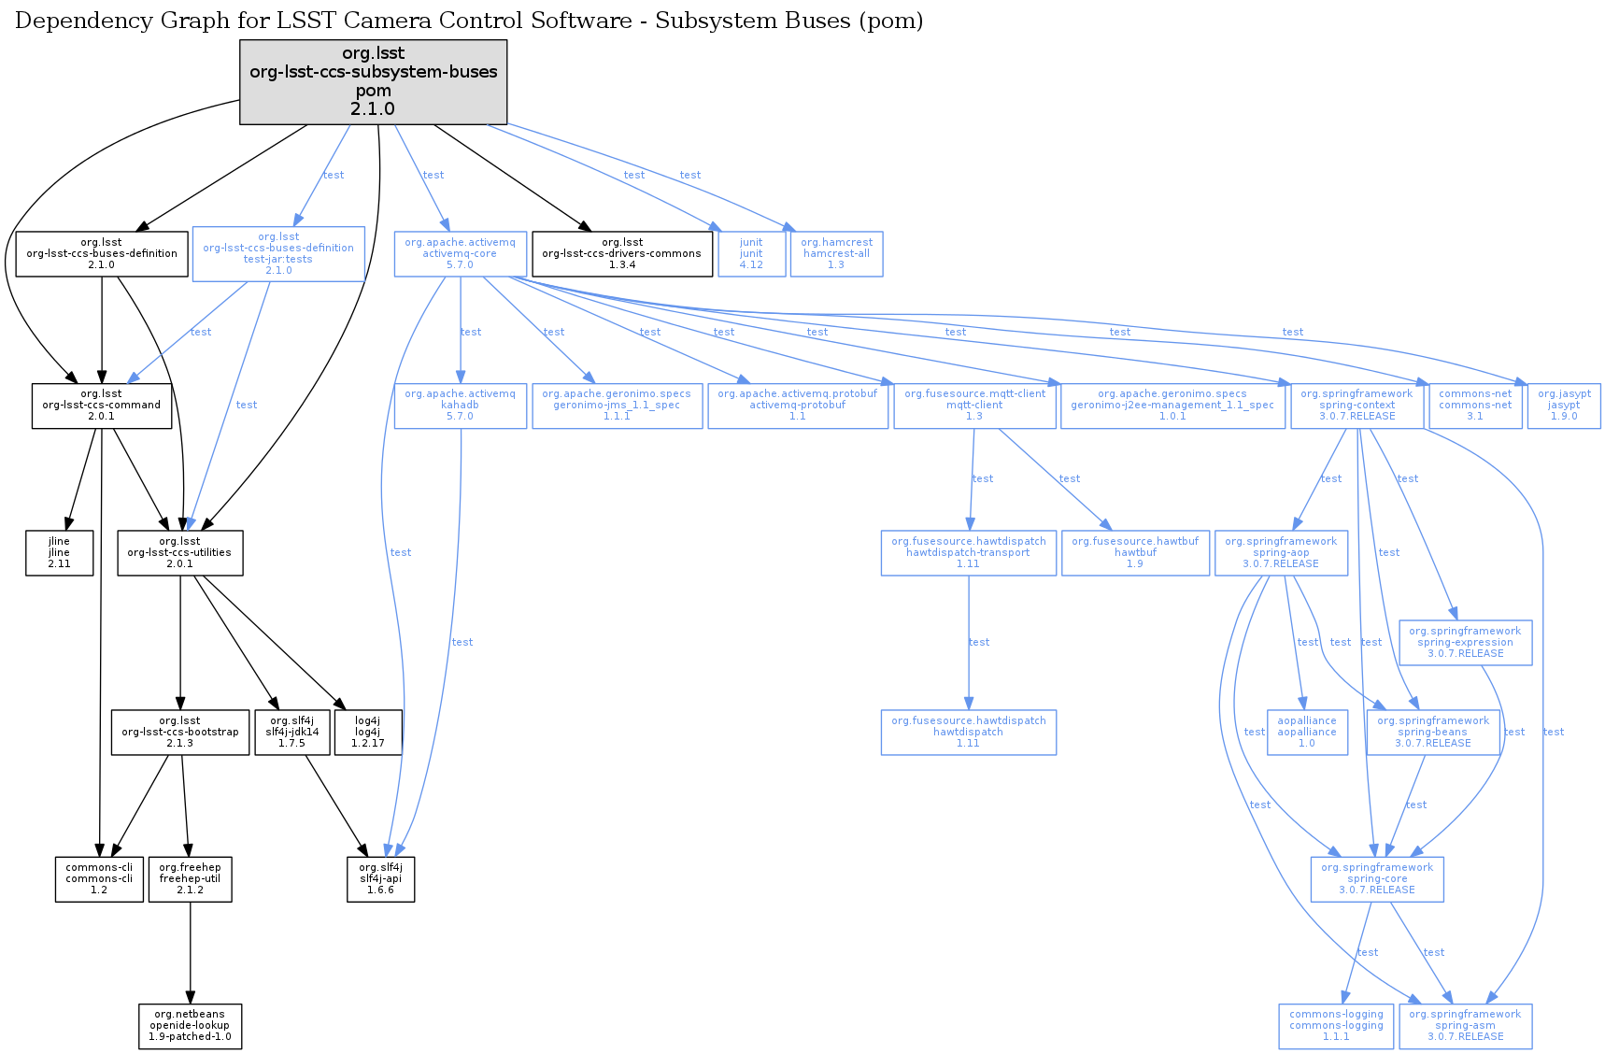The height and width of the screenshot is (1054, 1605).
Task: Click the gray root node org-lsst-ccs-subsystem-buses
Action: point(373,81)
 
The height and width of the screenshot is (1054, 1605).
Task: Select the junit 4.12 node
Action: point(751,253)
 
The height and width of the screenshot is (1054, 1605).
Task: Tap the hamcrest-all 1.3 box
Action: point(836,253)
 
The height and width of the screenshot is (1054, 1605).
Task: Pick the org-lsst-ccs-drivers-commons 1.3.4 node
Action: point(621,253)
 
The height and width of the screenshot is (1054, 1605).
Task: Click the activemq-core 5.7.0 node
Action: point(460,253)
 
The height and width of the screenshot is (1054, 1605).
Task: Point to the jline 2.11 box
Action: point(59,552)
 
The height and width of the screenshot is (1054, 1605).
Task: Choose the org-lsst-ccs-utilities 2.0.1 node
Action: point(179,552)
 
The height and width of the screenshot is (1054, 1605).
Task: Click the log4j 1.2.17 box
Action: point(368,732)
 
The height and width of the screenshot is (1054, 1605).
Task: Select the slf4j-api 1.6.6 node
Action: point(380,878)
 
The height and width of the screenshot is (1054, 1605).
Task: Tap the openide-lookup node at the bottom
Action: point(190,1025)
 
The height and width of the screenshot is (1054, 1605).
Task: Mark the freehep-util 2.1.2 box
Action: point(190,878)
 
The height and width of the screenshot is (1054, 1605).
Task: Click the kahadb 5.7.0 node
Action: point(460,405)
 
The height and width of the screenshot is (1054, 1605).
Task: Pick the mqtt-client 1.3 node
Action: point(974,405)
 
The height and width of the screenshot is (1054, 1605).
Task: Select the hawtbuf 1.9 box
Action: point(1134,552)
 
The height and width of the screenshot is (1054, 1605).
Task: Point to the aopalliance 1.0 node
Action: point(1306,732)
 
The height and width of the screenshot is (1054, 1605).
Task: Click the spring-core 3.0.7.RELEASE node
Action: point(1376,878)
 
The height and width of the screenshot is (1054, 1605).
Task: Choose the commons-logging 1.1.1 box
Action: point(1336,1025)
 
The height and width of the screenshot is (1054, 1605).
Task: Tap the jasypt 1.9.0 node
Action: point(1563,405)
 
